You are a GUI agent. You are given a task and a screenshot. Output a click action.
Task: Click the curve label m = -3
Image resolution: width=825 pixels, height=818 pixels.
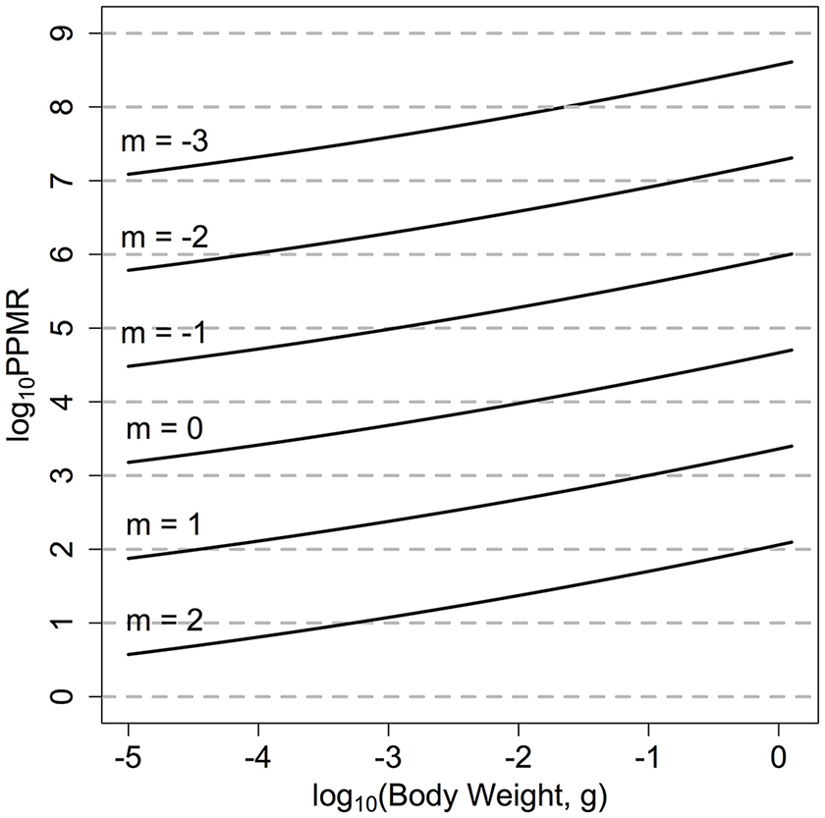(165, 140)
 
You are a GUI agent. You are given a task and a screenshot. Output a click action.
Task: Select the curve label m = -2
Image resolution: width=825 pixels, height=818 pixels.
(165, 237)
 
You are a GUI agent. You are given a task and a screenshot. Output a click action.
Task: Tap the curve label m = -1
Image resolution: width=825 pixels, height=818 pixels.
(165, 333)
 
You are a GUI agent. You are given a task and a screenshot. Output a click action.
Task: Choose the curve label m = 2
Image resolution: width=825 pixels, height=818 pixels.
(165, 621)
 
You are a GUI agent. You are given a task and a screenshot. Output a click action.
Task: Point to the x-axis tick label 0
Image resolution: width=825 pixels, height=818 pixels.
(779, 758)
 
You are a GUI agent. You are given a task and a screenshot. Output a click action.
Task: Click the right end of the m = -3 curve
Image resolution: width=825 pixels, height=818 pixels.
(792, 62)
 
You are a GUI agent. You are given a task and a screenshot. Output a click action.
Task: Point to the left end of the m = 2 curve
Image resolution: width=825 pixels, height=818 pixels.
(129, 654)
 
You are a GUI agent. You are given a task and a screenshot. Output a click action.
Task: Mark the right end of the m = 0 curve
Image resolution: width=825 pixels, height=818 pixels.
(792, 350)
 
